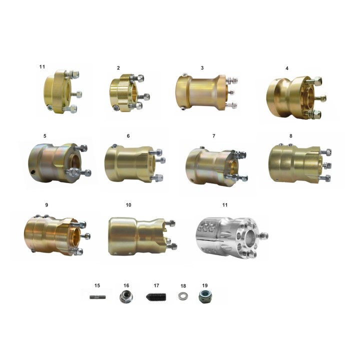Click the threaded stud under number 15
(x=97, y=297)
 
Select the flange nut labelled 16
(x=126, y=296)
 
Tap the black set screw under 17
(x=156, y=297)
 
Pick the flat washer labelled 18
(x=183, y=296)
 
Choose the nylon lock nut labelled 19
(x=204, y=296)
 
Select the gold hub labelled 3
(x=206, y=92)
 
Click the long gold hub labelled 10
(x=142, y=236)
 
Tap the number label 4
(x=287, y=68)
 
